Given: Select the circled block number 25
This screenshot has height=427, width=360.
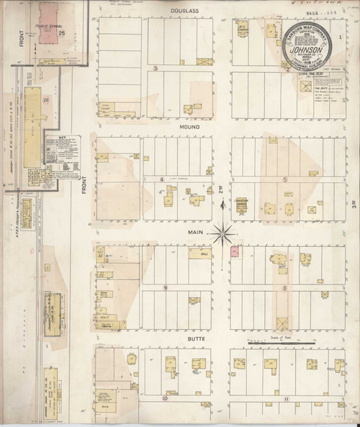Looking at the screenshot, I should (63, 33).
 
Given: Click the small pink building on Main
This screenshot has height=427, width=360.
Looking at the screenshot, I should (234, 252).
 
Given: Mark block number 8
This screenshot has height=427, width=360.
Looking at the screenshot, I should (285, 287).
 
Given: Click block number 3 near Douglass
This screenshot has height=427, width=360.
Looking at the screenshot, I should (156, 69).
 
